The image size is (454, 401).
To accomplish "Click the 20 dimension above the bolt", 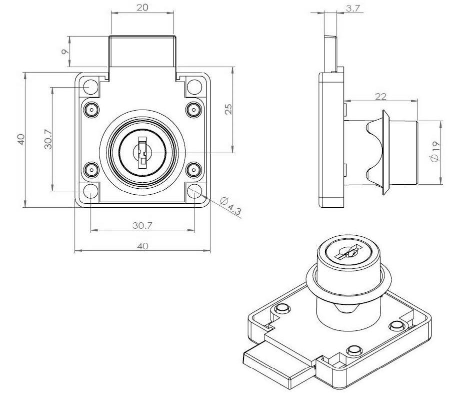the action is coord(142,8).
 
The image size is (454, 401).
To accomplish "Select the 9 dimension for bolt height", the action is coord(65,52).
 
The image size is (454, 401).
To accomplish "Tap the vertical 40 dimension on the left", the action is coord(21,140).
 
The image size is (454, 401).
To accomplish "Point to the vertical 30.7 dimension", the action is coord(48,139).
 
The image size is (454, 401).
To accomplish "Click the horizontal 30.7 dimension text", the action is coord(142,225).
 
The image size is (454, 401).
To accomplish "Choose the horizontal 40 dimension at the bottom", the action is coord(142,246).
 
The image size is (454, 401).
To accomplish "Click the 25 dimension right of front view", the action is coord(228,109).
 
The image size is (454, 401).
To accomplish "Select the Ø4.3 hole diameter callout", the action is coord(230,206).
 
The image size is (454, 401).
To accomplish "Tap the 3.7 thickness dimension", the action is coord(352,9).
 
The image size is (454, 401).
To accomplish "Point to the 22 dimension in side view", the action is coord(380,96).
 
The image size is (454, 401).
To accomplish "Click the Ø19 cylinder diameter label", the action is coord(435,152).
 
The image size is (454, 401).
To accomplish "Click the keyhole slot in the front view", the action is coord(142,153).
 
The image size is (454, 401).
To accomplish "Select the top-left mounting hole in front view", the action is coord(90,87).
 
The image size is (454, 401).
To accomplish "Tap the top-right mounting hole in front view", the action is coord(194,87).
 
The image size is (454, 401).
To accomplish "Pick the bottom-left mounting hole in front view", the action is coord(90,191).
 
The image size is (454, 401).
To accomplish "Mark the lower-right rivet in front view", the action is coord(193,169).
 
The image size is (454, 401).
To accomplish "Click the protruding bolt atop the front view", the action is coord(142,52).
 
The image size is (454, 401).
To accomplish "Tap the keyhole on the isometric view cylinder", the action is coord(348,252).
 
